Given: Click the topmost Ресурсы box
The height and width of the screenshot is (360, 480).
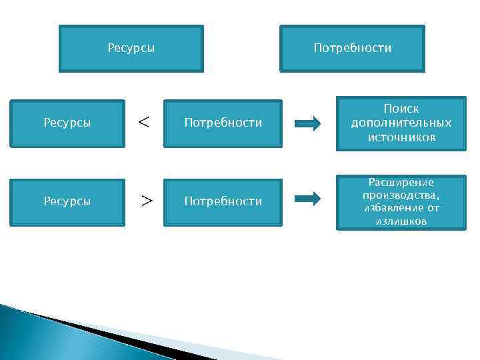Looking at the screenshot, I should [x=131, y=49].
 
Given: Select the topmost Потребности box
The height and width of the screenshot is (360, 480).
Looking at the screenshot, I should [x=352, y=49].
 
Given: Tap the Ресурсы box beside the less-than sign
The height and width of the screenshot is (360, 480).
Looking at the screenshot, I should [x=67, y=123].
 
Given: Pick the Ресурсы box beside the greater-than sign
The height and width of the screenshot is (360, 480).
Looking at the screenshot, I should [x=67, y=201].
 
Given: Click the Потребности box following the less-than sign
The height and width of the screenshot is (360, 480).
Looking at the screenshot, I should [x=223, y=123].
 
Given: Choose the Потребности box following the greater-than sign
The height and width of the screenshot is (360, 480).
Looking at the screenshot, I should [x=223, y=201].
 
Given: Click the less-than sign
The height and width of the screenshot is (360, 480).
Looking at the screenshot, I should [x=143, y=122].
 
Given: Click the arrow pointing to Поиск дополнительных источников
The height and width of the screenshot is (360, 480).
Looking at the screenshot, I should [x=307, y=123].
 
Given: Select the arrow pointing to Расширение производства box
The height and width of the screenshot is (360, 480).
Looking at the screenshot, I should [x=307, y=199].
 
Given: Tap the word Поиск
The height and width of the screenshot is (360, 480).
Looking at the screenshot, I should [x=401, y=108].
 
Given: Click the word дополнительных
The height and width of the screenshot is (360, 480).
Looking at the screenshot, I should [x=401, y=123].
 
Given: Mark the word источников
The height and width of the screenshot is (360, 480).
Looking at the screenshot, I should [x=401, y=137].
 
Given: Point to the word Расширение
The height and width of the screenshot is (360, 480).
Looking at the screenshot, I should [x=401, y=183].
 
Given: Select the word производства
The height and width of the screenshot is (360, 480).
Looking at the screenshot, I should [x=400, y=195].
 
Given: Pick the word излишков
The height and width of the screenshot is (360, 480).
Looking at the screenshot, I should [x=401, y=221].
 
